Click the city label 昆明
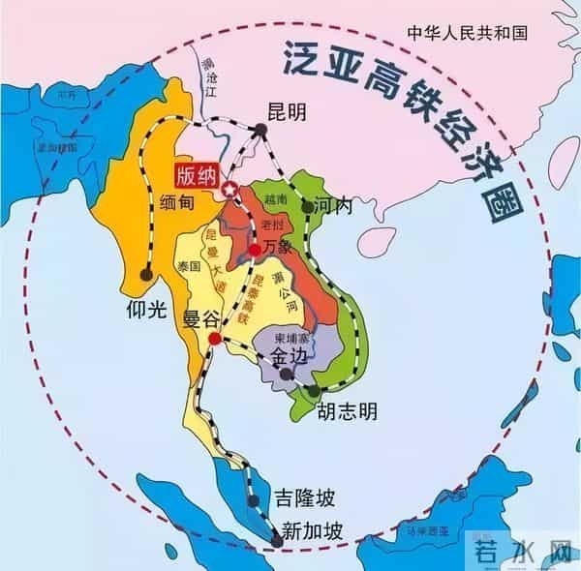point(288,112)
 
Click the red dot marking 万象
point(255,249)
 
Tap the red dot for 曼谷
point(215,339)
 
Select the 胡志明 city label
point(348,410)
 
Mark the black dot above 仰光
point(146,275)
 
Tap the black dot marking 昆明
point(266,136)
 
